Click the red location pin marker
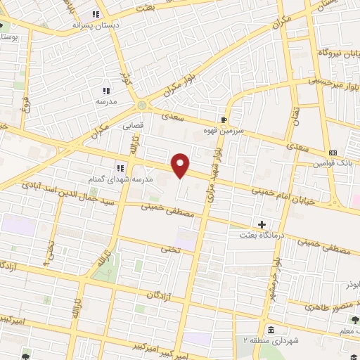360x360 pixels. [x=181, y=165]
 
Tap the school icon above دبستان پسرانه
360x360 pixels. [x=96, y=14]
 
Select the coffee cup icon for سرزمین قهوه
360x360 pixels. [x=224, y=120]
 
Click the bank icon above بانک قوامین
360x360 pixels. [x=333, y=153]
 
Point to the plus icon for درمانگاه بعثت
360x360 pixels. [x=263, y=225]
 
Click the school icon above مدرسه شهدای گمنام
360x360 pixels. [x=120, y=168]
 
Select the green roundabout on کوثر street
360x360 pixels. [x=143, y=105]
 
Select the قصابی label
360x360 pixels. [x=134, y=127]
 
